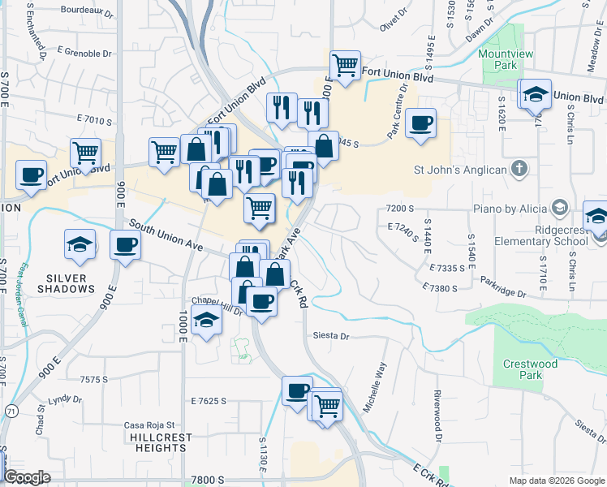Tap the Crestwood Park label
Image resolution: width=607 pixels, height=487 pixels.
click(531, 370)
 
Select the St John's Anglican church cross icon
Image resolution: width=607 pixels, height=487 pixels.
click(520, 170)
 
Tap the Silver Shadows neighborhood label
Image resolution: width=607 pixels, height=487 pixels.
click(66, 283)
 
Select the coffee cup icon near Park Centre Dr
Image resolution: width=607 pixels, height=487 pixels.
click(420, 124)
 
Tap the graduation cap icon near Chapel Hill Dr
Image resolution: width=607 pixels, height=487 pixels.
click(207, 321)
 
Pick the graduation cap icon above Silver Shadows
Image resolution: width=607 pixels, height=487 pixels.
click(80, 243)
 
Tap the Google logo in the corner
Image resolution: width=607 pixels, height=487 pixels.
click(28, 477)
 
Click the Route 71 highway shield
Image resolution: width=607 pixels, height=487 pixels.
click(10, 412)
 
